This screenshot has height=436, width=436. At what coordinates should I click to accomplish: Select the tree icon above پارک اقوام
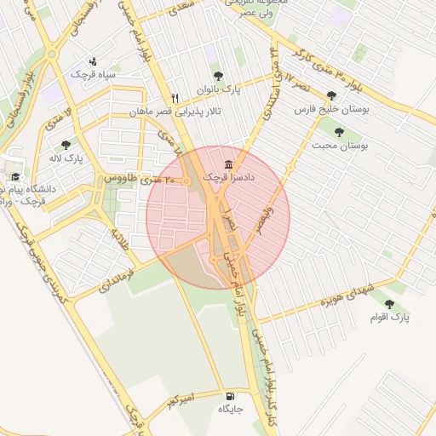pos(389,303)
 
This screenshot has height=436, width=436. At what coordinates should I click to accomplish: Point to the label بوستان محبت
pos(346,146)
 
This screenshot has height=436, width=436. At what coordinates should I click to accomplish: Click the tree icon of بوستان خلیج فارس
pos(331,96)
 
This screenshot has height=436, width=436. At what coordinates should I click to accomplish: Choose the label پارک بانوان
pos(221,89)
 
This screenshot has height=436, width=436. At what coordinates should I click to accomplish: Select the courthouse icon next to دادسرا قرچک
pos(227,163)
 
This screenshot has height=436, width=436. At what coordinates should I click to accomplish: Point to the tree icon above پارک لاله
pos(66,144)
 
